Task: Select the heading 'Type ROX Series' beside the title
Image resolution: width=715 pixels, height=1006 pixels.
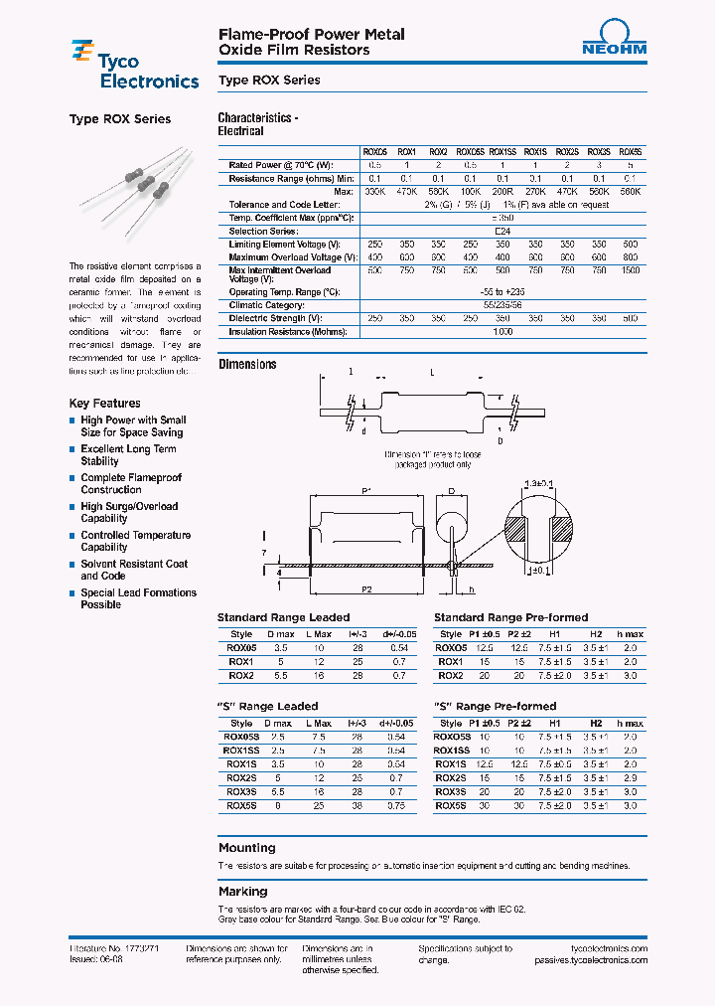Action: click(268, 81)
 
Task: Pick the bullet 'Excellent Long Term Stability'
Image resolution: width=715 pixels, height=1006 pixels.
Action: click(128, 455)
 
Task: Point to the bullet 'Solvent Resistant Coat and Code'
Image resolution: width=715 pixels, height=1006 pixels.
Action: click(133, 570)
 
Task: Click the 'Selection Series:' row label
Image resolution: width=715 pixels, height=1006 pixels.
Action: click(263, 231)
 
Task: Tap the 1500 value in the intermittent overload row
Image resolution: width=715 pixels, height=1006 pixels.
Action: click(631, 270)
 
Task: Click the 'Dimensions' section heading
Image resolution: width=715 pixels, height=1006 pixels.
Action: click(247, 365)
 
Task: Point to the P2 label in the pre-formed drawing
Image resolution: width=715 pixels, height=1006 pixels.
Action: click(366, 589)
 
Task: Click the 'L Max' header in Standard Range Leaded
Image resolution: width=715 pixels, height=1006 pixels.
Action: click(318, 634)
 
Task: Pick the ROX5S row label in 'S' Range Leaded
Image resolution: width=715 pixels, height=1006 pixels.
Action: click(241, 806)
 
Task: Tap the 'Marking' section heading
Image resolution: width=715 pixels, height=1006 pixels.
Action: click(243, 892)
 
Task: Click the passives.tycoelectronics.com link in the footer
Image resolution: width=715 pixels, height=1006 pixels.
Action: click(590, 960)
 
